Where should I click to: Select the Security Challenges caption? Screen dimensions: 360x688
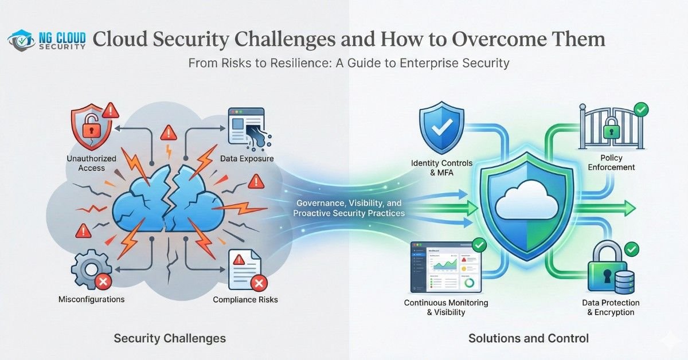click(x=170, y=338)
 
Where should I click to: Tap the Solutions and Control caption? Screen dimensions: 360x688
click(x=528, y=338)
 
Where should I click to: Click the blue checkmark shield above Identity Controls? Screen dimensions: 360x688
click(x=440, y=127)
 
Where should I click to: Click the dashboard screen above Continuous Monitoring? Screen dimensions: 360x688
click(x=445, y=267)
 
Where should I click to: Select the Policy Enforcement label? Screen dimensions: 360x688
click(x=609, y=162)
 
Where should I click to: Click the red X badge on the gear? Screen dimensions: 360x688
click(x=103, y=281)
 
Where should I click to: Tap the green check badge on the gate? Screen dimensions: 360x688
click(x=641, y=109)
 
